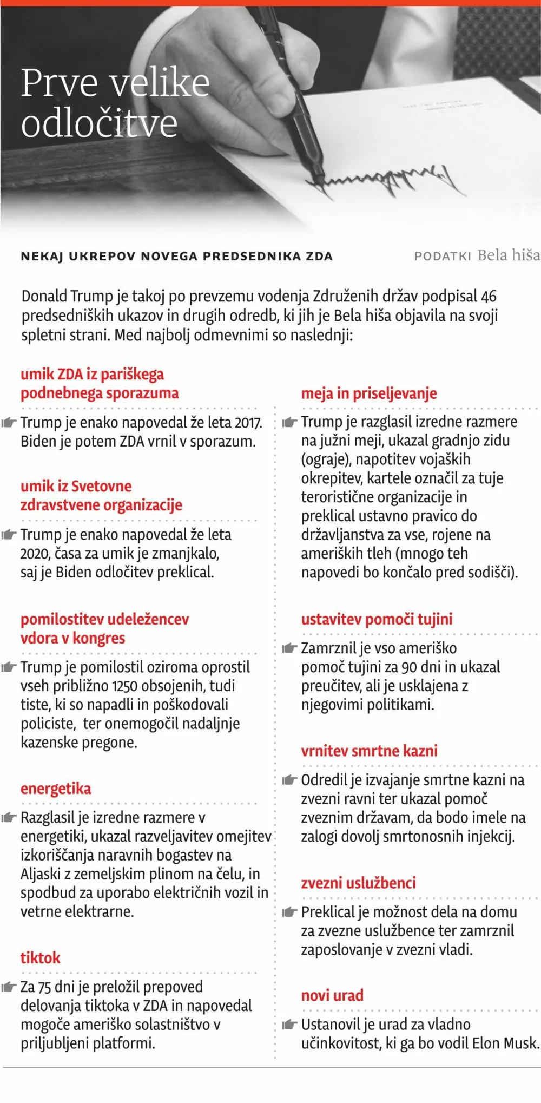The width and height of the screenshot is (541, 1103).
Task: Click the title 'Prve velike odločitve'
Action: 115,103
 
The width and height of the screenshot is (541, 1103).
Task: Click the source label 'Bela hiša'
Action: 509,255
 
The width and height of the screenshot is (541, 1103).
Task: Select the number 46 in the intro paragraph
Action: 489,297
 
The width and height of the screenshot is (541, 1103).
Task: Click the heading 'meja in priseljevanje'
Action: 369,393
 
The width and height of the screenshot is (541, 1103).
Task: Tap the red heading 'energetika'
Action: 56,789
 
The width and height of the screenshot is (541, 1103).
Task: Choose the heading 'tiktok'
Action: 41,958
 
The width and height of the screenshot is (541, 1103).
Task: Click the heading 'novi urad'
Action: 332,995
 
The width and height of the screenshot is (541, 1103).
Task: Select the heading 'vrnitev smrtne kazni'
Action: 370,751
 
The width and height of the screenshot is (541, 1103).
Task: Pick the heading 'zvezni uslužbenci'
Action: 359,883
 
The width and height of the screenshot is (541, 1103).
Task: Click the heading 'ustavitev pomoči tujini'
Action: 377,619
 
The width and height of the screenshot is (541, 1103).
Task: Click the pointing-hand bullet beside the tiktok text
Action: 9,987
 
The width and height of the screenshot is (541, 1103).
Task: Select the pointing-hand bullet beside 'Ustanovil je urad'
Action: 290,1025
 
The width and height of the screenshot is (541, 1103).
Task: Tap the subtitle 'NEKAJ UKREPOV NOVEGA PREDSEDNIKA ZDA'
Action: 176,257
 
